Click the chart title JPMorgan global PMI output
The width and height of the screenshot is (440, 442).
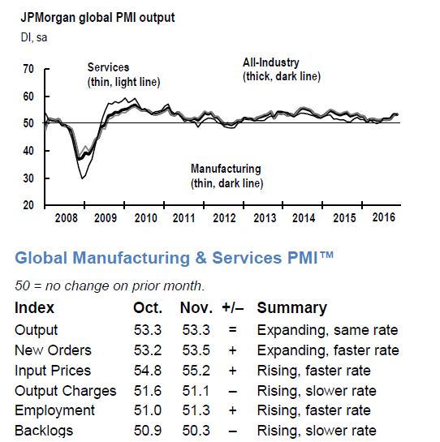click(x=97, y=18)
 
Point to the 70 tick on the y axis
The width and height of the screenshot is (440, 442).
click(x=28, y=69)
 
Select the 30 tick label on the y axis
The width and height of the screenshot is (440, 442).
click(x=28, y=178)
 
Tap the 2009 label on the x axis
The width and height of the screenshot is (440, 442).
click(x=106, y=218)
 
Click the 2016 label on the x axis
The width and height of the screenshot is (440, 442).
click(x=383, y=217)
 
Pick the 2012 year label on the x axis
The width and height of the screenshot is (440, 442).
click(x=224, y=218)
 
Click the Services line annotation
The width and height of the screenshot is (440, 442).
click(x=123, y=75)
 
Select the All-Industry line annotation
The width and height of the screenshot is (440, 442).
click(x=282, y=70)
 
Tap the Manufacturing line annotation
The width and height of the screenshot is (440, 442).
click(x=227, y=176)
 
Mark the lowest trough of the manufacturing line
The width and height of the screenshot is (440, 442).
click(x=82, y=178)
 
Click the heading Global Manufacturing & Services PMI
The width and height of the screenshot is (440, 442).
click(x=175, y=258)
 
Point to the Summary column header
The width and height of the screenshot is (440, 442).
click(x=291, y=307)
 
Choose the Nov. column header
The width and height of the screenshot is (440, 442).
click(x=196, y=307)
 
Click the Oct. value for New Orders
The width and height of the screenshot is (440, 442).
click(x=148, y=350)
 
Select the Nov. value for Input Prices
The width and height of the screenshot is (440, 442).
click(x=196, y=371)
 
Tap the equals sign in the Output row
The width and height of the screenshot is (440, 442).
click(x=232, y=330)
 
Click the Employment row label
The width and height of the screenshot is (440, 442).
click(x=54, y=410)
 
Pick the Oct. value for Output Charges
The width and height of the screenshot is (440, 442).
click(x=148, y=391)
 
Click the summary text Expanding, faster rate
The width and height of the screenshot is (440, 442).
click(x=328, y=351)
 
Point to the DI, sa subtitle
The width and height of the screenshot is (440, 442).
click(x=34, y=37)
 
